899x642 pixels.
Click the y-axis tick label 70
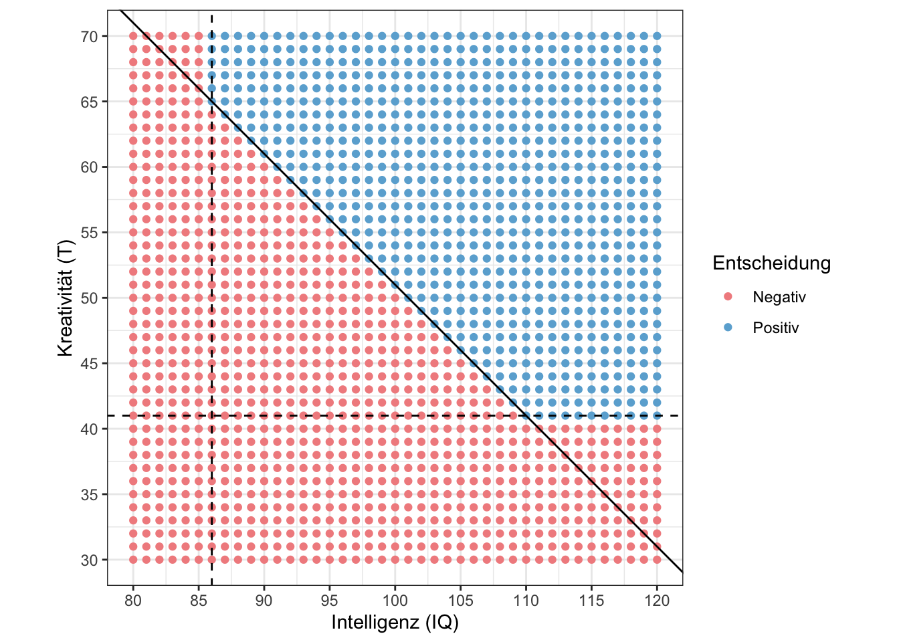pos(90,36)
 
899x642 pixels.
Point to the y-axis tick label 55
pos(90,233)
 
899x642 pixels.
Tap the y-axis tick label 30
pos(90,560)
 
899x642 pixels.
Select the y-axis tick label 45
pos(90,364)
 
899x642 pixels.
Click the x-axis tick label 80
pos(133,601)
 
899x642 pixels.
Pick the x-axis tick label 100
pos(395,601)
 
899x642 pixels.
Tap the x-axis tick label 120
pos(657,601)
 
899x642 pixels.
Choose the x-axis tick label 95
pos(330,601)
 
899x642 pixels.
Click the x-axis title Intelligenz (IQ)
pos(395,623)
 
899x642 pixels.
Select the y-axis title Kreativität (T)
pos(65,298)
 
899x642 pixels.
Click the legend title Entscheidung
pos(771,263)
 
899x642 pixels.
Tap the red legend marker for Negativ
pos(728,297)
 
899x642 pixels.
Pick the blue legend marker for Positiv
pos(728,328)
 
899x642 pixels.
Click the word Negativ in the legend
pos(779,297)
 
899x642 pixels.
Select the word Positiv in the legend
pos(776,328)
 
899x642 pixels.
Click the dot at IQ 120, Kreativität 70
pos(657,36)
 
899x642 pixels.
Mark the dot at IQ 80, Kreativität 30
pos(133,560)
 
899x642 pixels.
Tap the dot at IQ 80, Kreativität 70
pos(133,36)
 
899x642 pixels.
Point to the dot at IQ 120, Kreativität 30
pos(657,560)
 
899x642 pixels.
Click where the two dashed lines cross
pos(211,416)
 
